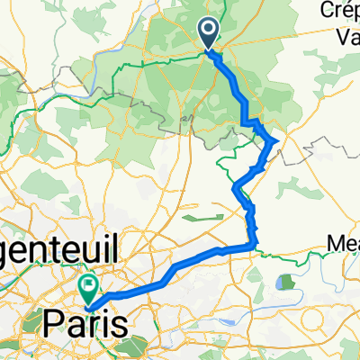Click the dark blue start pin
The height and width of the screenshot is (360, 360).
pos(207,34)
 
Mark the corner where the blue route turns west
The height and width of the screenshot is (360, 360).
pos(254,245)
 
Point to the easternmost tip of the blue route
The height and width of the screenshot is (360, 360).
pos(274,139)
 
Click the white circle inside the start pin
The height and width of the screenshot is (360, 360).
pos(207,31)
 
